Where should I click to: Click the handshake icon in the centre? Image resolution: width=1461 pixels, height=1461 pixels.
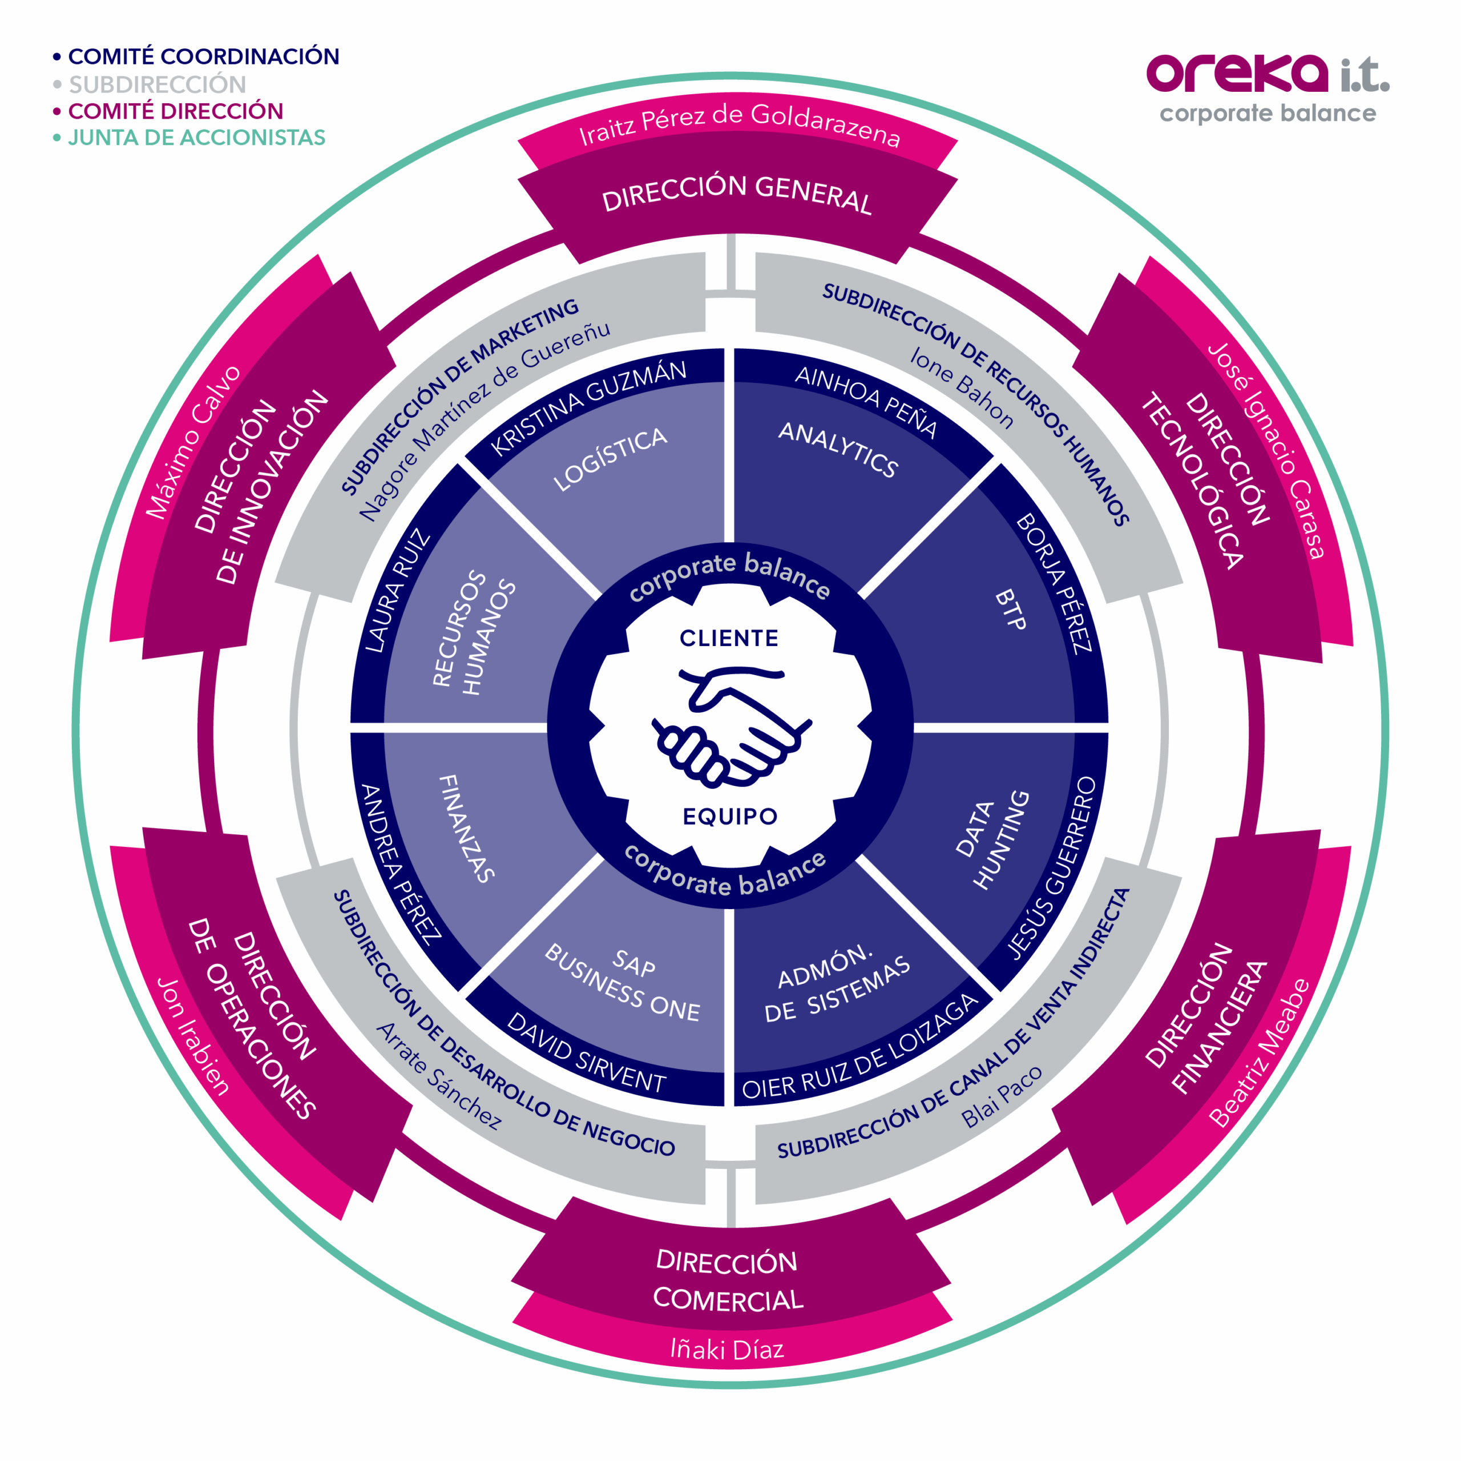pyautogui.click(x=730, y=725)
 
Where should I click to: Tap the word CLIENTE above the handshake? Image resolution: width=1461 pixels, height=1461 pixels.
pyautogui.click(x=729, y=638)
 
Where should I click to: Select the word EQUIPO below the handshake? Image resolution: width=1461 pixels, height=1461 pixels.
pyautogui.click(x=730, y=817)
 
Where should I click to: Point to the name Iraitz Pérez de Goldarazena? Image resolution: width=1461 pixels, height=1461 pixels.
pyautogui.click(x=740, y=125)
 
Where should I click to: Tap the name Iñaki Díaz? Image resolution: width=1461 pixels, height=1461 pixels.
pyautogui.click(x=728, y=1349)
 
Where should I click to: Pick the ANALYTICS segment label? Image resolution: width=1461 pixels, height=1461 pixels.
pyautogui.click(x=838, y=449)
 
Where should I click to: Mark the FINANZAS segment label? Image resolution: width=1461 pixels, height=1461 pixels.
pyautogui.click(x=467, y=828)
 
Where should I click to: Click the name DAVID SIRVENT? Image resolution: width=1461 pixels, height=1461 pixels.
pyautogui.click(x=586, y=1052)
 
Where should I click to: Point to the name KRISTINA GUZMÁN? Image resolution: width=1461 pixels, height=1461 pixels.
pyautogui.click(x=588, y=407)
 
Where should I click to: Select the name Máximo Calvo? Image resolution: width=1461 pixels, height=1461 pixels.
pyautogui.click(x=193, y=443)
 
